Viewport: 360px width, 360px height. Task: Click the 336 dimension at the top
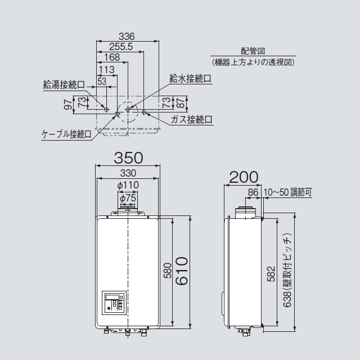click(129, 37)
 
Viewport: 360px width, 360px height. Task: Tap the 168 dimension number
click(112, 58)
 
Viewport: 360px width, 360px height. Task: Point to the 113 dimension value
click(106, 69)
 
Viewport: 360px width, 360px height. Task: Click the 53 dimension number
click(102, 82)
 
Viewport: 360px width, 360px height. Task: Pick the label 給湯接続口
click(64, 85)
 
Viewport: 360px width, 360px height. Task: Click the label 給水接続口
click(191, 79)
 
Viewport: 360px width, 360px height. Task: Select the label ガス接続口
click(192, 119)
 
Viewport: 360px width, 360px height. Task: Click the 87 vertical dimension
click(179, 103)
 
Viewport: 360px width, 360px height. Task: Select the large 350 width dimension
click(128, 157)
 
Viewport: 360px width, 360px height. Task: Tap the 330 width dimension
click(128, 174)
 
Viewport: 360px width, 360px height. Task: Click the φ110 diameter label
click(128, 185)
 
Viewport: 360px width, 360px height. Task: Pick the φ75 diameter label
click(128, 197)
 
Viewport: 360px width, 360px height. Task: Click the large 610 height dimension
click(181, 271)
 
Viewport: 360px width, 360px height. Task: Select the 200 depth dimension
click(244, 177)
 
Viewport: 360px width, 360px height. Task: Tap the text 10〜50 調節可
click(287, 192)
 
